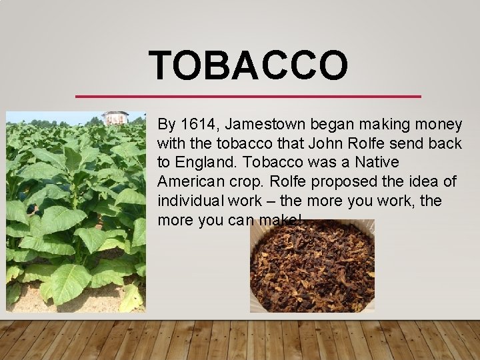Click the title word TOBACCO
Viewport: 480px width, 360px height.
[x=248, y=65]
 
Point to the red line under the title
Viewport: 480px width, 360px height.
[x=248, y=97]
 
